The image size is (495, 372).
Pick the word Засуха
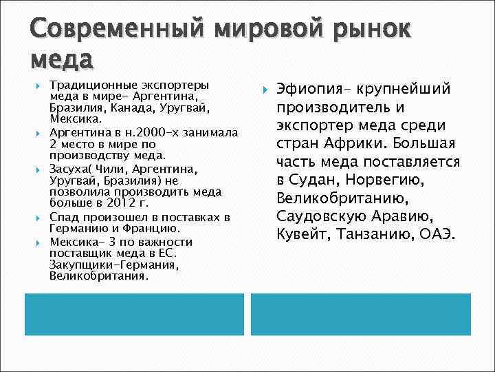(x=69, y=168)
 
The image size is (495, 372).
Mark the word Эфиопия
(x=306, y=90)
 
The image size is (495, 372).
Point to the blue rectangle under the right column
(x=360, y=315)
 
